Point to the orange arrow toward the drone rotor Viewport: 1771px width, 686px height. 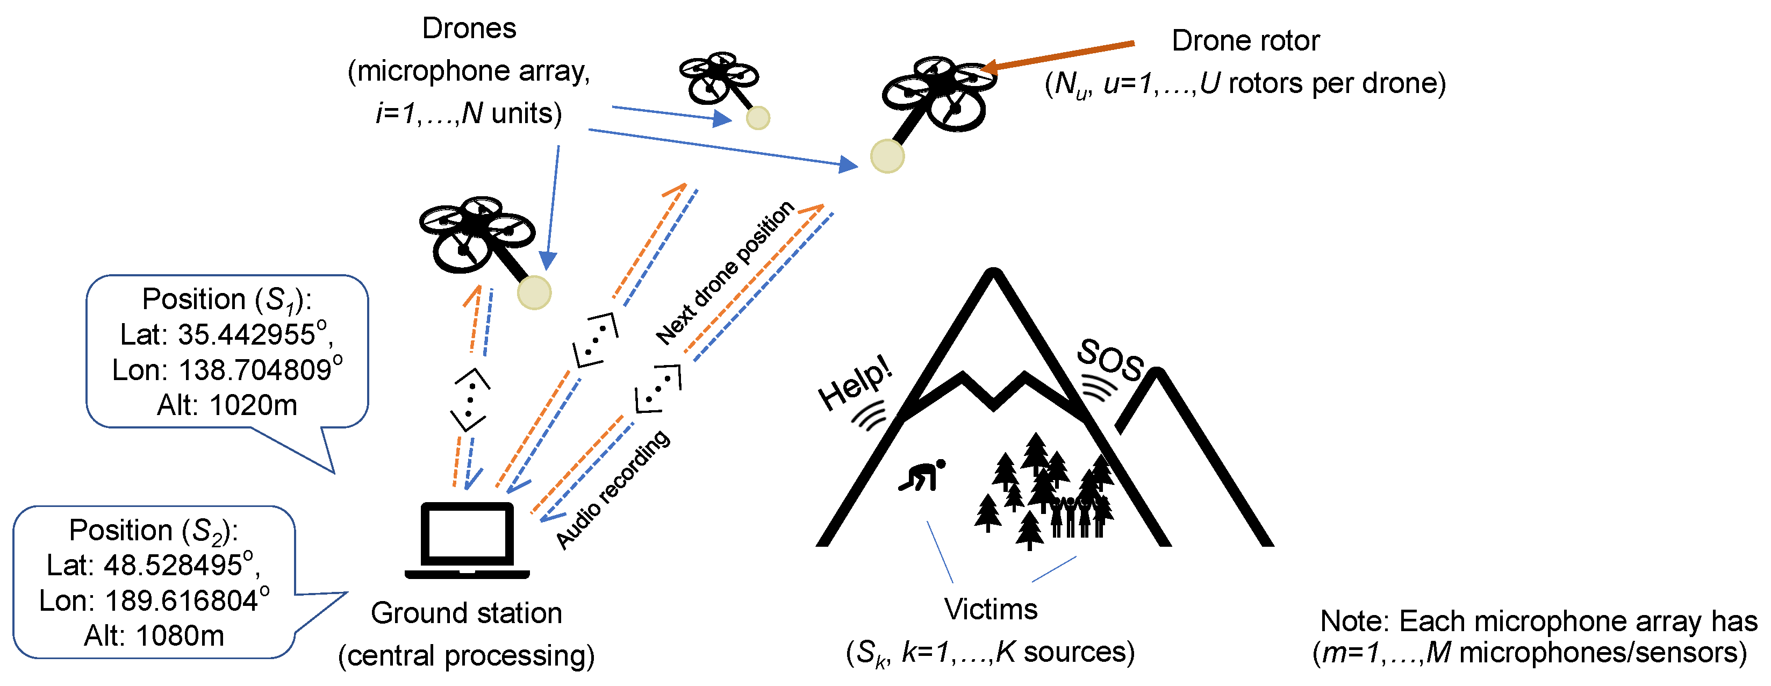click(1059, 55)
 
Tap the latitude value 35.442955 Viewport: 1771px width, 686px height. click(246, 335)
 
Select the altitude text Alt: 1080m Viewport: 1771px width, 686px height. click(154, 636)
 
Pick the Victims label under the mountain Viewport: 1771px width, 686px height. click(990, 610)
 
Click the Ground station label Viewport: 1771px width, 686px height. click(466, 613)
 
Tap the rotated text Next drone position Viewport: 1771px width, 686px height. click(725, 273)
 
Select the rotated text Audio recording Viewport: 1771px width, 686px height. click(612, 489)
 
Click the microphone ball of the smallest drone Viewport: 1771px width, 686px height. click(758, 118)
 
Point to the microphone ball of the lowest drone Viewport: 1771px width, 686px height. click(534, 293)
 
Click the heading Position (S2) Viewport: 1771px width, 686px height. click(153, 531)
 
